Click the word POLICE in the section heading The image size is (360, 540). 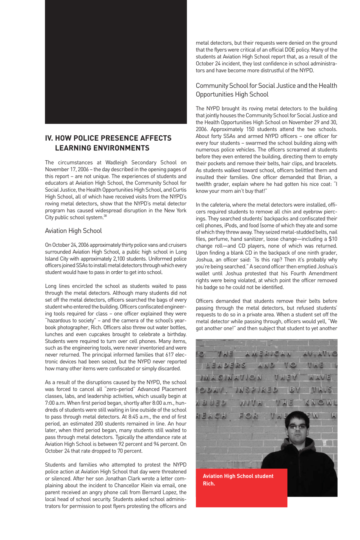pos(89,138)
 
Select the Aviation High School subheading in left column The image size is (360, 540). pos(73,231)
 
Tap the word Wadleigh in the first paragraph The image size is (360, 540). pos(117,163)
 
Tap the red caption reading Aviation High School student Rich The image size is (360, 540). pos(238,480)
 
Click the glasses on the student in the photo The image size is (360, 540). pos(297,427)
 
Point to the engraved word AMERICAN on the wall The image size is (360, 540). pos(268,354)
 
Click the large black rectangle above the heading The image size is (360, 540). pos(116,62)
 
